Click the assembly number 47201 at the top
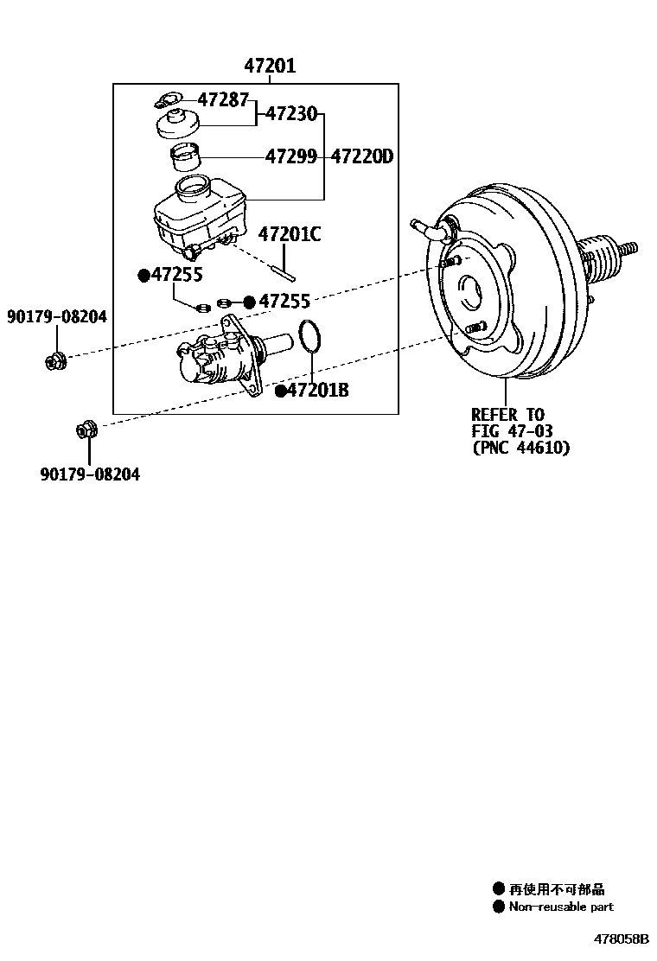[x=269, y=66]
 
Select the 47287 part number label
[x=223, y=99]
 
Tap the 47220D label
[x=362, y=156]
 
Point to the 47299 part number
[x=291, y=156]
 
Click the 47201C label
[x=290, y=233]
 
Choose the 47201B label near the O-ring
[x=317, y=391]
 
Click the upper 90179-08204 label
[x=57, y=317]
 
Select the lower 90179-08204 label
[x=89, y=474]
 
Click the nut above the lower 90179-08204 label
[x=87, y=428]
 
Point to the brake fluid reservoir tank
[x=196, y=216]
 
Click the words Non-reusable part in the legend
[x=561, y=907]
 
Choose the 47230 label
[x=291, y=113]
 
